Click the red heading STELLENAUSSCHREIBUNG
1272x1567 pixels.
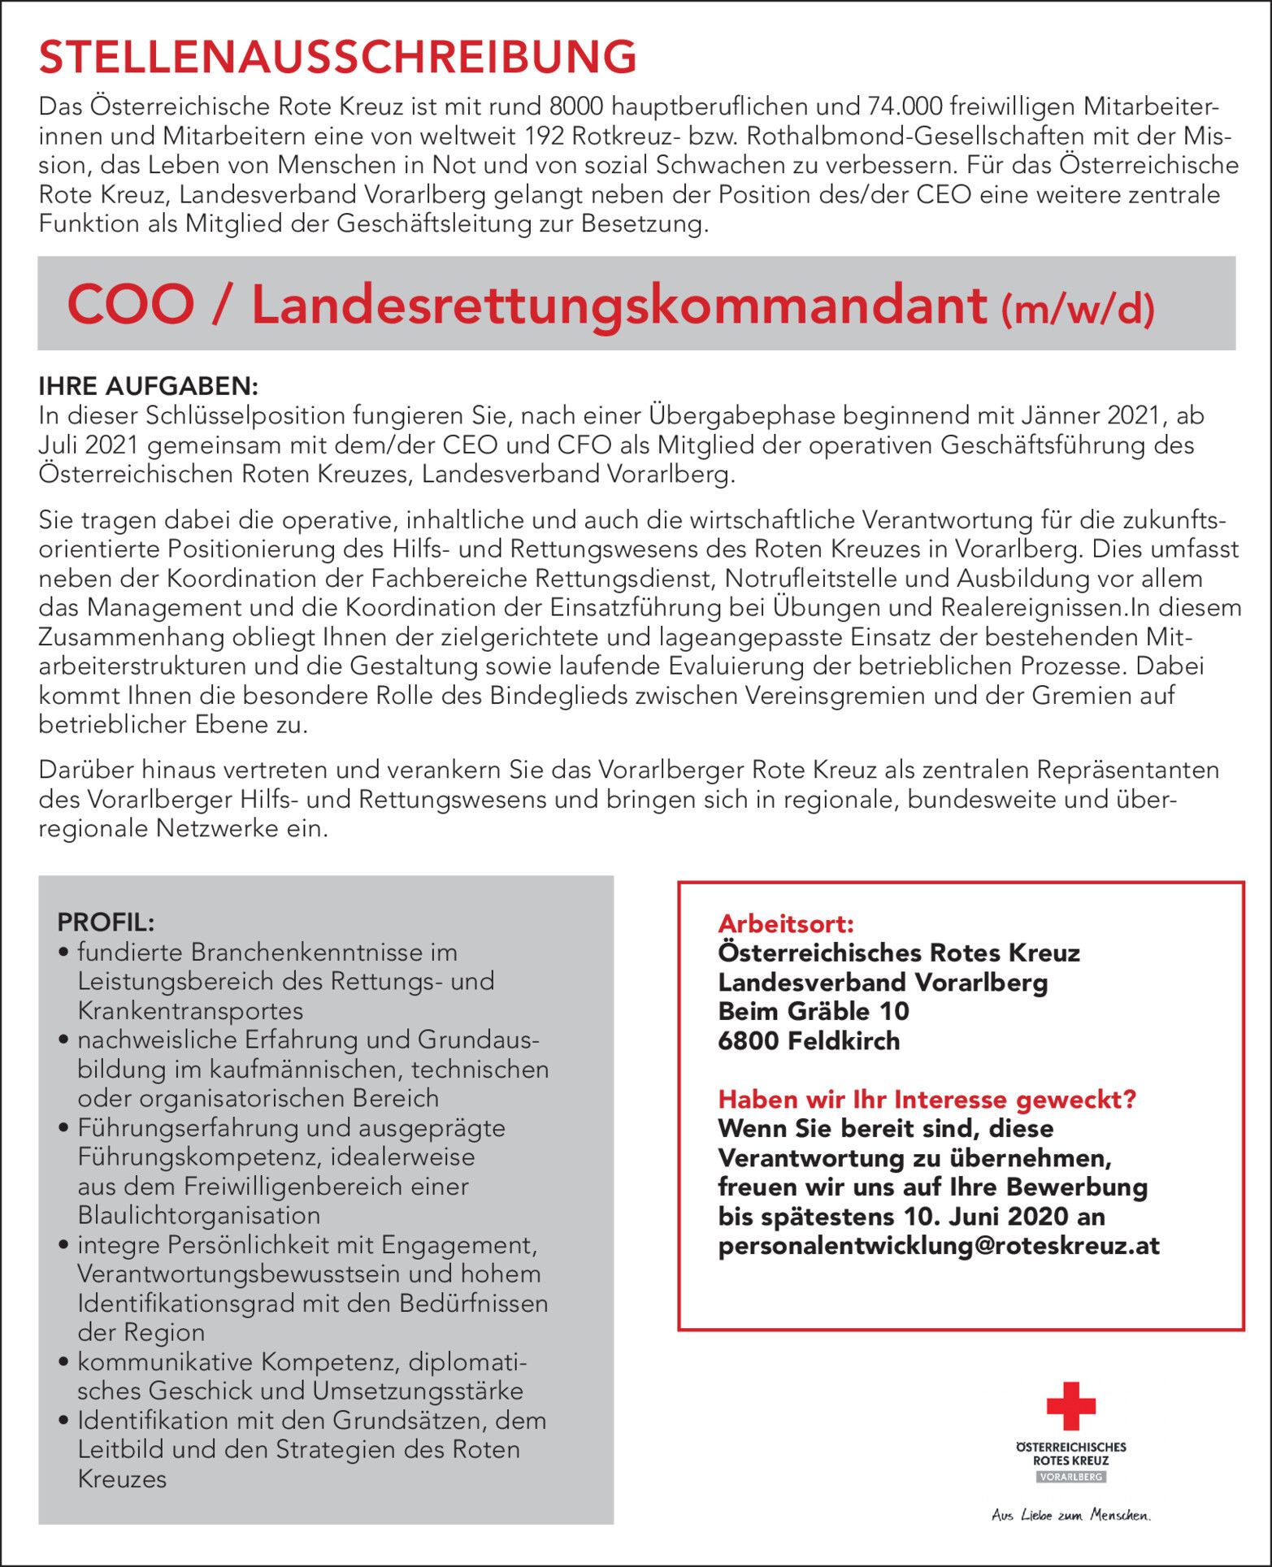(x=337, y=57)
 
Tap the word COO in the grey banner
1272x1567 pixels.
(x=131, y=305)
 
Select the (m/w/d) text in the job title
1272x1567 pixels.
(x=1078, y=310)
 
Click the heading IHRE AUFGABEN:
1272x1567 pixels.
(x=149, y=385)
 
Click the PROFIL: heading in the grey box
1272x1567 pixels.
(x=106, y=922)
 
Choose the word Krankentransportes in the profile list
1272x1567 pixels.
(x=190, y=1010)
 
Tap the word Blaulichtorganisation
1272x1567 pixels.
(x=199, y=1215)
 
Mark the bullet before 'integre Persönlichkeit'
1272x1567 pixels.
(x=63, y=1245)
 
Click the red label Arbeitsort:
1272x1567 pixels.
(x=786, y=923)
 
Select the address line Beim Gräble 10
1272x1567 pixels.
(x=814, y=1011)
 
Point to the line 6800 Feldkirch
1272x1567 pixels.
(x=809, y=1040)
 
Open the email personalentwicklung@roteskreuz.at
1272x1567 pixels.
(x=939, y=1245)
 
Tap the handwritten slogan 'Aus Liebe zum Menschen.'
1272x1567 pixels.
(x=1070, y=1515)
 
